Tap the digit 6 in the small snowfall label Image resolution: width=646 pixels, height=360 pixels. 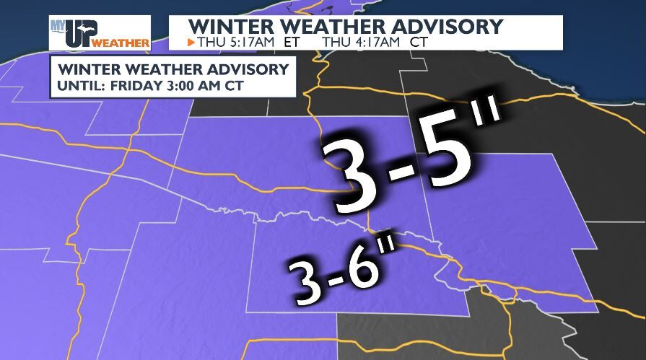[x=364, y=269]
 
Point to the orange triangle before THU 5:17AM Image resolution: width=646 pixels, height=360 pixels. [x=191, y=43]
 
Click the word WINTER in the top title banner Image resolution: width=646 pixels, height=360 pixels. [x=223, y=27]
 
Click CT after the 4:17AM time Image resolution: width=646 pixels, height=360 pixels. [x=418, y=43]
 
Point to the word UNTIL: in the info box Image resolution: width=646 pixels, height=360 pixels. [x=80, y=85]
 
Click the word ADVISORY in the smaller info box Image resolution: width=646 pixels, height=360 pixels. [x=250, y=70]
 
